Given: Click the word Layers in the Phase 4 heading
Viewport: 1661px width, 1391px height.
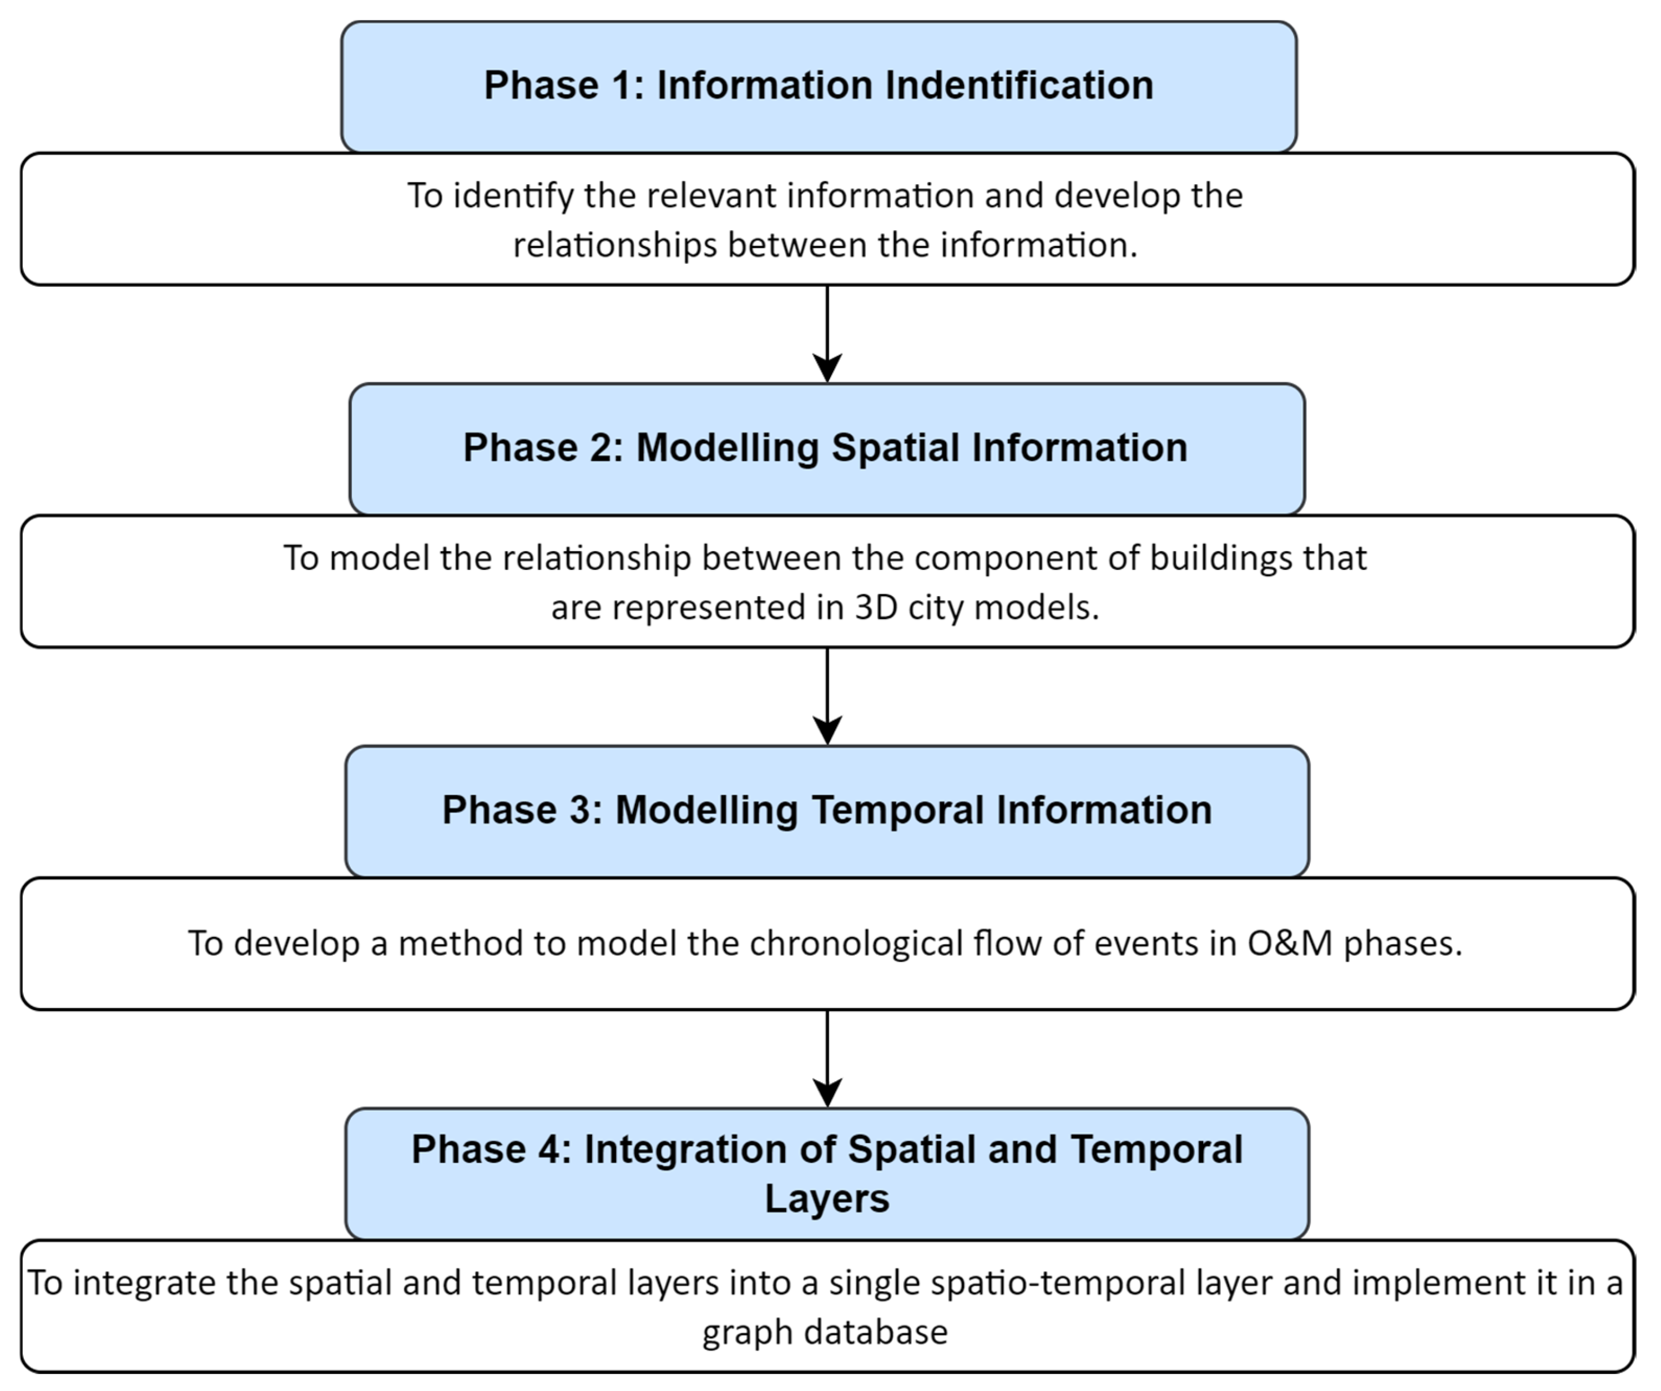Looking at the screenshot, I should pyautogui.click(x=826, y=1198).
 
